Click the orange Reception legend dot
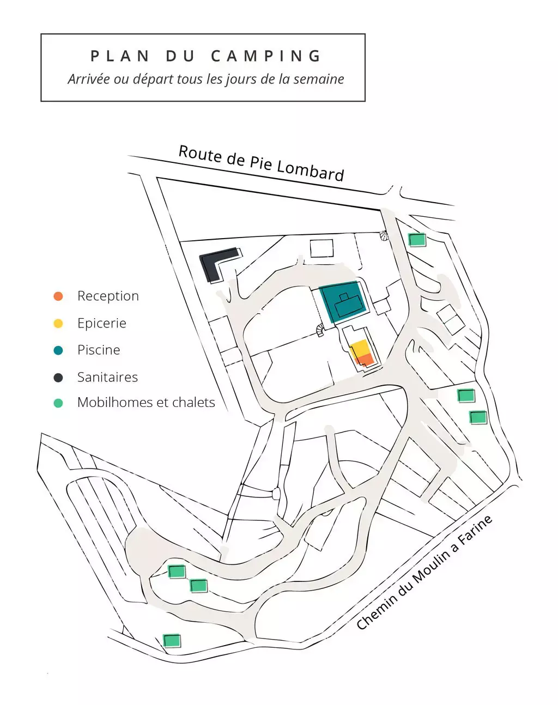(x=58, y=296)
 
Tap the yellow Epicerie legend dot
(x=58, y=323)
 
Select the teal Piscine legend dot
(x=58, y=350)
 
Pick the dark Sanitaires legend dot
(x=58, y=378)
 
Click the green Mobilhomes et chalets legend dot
(x=58, y=403)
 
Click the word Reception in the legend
(x=108, y=296)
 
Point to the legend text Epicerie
(x=102, y=323)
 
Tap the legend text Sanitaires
(x=107, y=377)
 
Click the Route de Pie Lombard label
(x=261, y=163)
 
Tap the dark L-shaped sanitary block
(x=217, y=264)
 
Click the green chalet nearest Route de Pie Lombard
(x=417, y=240)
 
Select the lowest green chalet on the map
(x=172, y=641)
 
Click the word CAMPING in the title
(x=266, y=56)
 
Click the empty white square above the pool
(x=322, y=248)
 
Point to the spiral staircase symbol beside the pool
(x=320, y=330)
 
